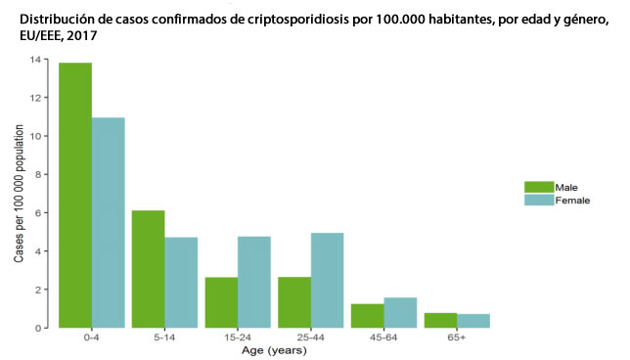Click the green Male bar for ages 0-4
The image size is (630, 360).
point(75,196)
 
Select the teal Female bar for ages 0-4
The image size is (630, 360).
point(109,223)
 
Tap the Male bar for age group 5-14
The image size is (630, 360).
point(149,269)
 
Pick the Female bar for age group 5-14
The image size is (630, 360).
point(181,283)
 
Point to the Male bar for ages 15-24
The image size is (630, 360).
point(221,302)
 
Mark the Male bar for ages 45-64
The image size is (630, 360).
point(367,316)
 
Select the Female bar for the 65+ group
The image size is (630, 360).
point(472,321)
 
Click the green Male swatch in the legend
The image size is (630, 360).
point(538,187)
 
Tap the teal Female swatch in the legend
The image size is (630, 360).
point(538,200)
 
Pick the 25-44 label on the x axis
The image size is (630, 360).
point(310,337)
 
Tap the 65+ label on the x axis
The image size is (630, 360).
point(456,337)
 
